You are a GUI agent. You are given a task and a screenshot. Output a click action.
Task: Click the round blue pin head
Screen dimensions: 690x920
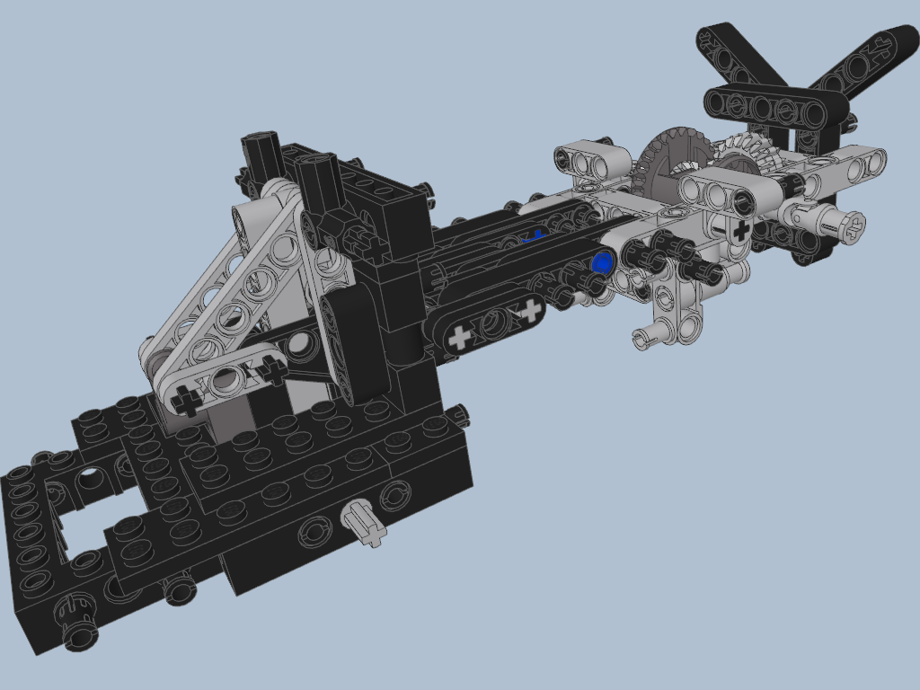pos(602,262)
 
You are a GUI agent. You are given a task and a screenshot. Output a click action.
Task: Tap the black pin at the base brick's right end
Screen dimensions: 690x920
pos(459,414)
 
